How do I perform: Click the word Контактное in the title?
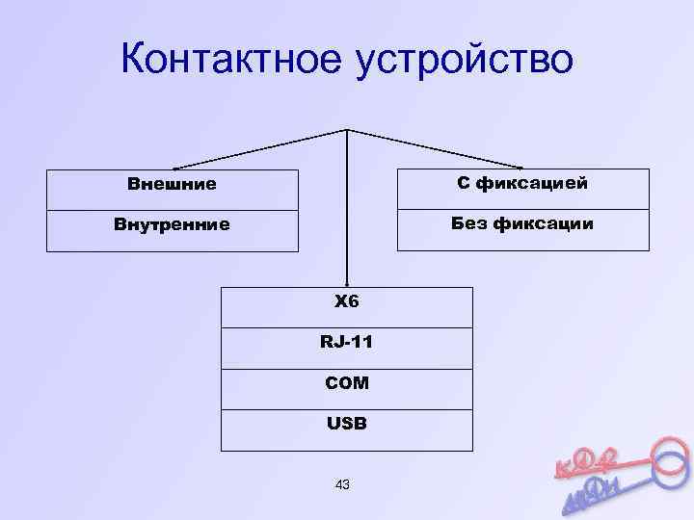231,59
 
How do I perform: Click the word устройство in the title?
465,59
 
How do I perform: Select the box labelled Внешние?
173,183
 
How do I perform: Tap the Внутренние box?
173,224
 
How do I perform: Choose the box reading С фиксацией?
522,182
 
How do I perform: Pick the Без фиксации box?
522,223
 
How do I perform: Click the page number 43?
342,484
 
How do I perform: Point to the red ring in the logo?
664,455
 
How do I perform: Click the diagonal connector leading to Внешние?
260,149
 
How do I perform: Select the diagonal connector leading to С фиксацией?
434,149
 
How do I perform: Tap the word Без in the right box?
469,223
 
